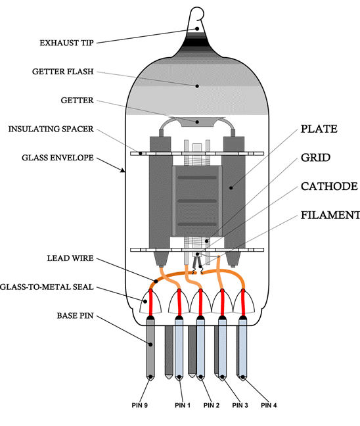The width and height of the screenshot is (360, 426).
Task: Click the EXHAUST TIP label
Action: click(66, 43)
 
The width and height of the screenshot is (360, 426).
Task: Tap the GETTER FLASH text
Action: click(62, 72)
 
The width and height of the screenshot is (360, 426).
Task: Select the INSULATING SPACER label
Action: click(51, 129)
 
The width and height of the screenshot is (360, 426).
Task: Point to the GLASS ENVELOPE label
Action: click(58, 158)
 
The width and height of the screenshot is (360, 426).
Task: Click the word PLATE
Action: click(319, 129)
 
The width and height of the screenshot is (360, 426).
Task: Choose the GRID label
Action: click(315, 158)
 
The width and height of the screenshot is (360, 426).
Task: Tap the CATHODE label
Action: click(329, 187)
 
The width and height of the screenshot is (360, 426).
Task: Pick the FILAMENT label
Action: click(330, 216)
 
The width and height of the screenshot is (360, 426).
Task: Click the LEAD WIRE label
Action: click(70, 258)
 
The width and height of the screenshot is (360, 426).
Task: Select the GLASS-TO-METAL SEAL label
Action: click(47, 287)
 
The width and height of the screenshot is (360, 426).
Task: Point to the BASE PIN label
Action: click(75, 316)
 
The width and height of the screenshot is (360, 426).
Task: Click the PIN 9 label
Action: click(140, 406)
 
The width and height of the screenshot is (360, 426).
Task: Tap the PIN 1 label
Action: click(183, 406)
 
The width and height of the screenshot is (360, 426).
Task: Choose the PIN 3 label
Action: click(240, 406)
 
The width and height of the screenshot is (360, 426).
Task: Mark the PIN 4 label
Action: click(269, 406)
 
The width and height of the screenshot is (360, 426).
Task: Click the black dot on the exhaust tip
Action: click(197, 29)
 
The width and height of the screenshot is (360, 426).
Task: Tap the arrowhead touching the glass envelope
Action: click(123, 170)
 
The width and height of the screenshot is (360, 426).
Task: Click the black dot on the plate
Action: click(231, 188)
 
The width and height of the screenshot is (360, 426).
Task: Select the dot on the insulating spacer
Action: click(141, 153)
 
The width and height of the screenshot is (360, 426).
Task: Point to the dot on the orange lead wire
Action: click(156, 281)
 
